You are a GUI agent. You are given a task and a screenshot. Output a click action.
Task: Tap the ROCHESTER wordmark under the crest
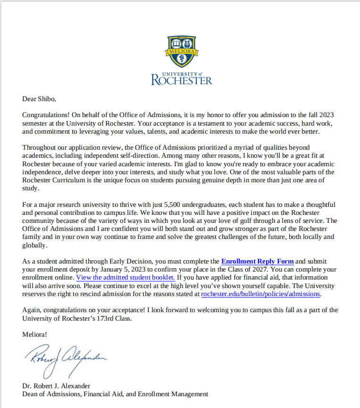tap(182, 80)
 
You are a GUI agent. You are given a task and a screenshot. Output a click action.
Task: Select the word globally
tap(34, 245)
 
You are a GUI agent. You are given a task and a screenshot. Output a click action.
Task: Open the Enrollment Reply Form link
tap(257, 261)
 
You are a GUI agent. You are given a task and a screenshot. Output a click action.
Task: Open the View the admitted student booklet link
tap(126, 277)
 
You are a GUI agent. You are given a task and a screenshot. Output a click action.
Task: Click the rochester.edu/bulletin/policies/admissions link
tap(261, 294)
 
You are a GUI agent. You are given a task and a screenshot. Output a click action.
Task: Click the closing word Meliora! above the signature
tap(34, 334)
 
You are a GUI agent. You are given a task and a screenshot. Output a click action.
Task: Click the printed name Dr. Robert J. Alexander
tap(56, 385)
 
